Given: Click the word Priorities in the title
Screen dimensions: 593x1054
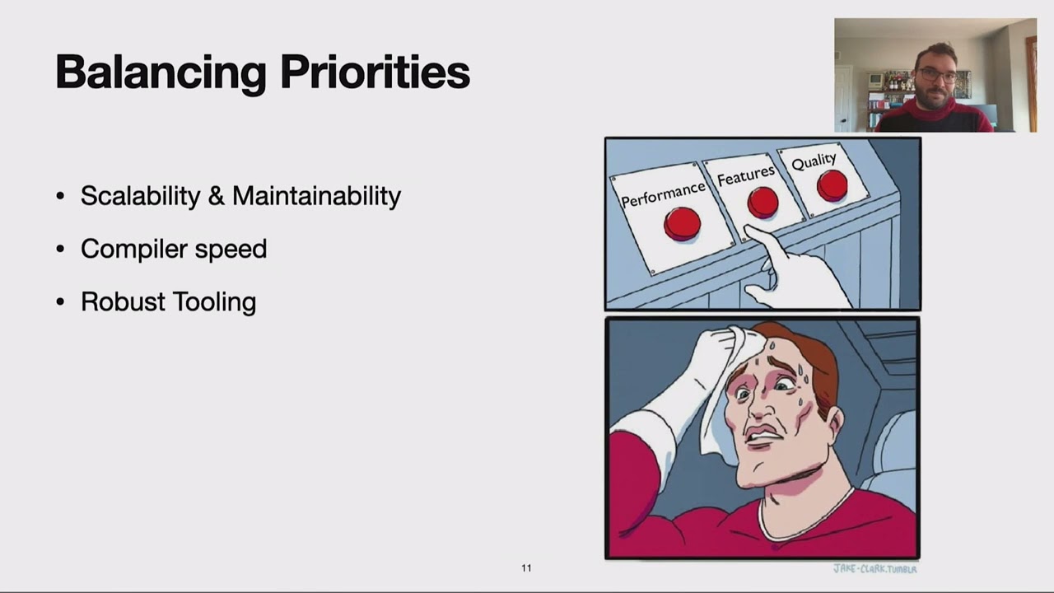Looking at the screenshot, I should [x=375, y=72].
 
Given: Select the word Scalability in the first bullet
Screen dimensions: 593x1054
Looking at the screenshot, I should [x=140, y=196].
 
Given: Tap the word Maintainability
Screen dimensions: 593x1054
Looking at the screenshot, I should [x=316, y=196].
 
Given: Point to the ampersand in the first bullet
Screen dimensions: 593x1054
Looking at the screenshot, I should [x=216, y=196].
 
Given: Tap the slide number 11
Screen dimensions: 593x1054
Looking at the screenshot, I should [x=526, y=567].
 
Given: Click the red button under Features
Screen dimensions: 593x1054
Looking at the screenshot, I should [x=763, y=203].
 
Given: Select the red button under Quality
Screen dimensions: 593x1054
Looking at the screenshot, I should [x=832, y=185].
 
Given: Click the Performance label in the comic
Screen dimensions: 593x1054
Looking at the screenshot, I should [x=663, y=194].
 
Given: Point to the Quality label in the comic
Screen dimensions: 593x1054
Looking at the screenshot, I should [x=814, y=161].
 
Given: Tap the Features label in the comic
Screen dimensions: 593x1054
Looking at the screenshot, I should [x=745, y=175].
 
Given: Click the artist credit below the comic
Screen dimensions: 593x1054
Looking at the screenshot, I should [x=874, y=568].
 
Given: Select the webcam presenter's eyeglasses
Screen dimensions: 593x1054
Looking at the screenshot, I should [x=937, y=75].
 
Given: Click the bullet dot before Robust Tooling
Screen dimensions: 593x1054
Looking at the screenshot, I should [x=60, y=302].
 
